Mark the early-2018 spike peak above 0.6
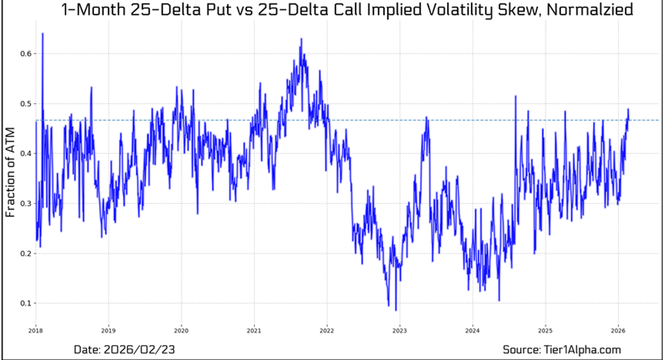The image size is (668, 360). tap(42, 33)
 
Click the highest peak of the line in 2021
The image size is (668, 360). tap(301, 39)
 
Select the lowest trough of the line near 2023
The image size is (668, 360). tap(396, 310)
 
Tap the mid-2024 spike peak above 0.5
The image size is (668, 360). tap(515, 96)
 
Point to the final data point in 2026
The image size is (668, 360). tap(628, 109)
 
